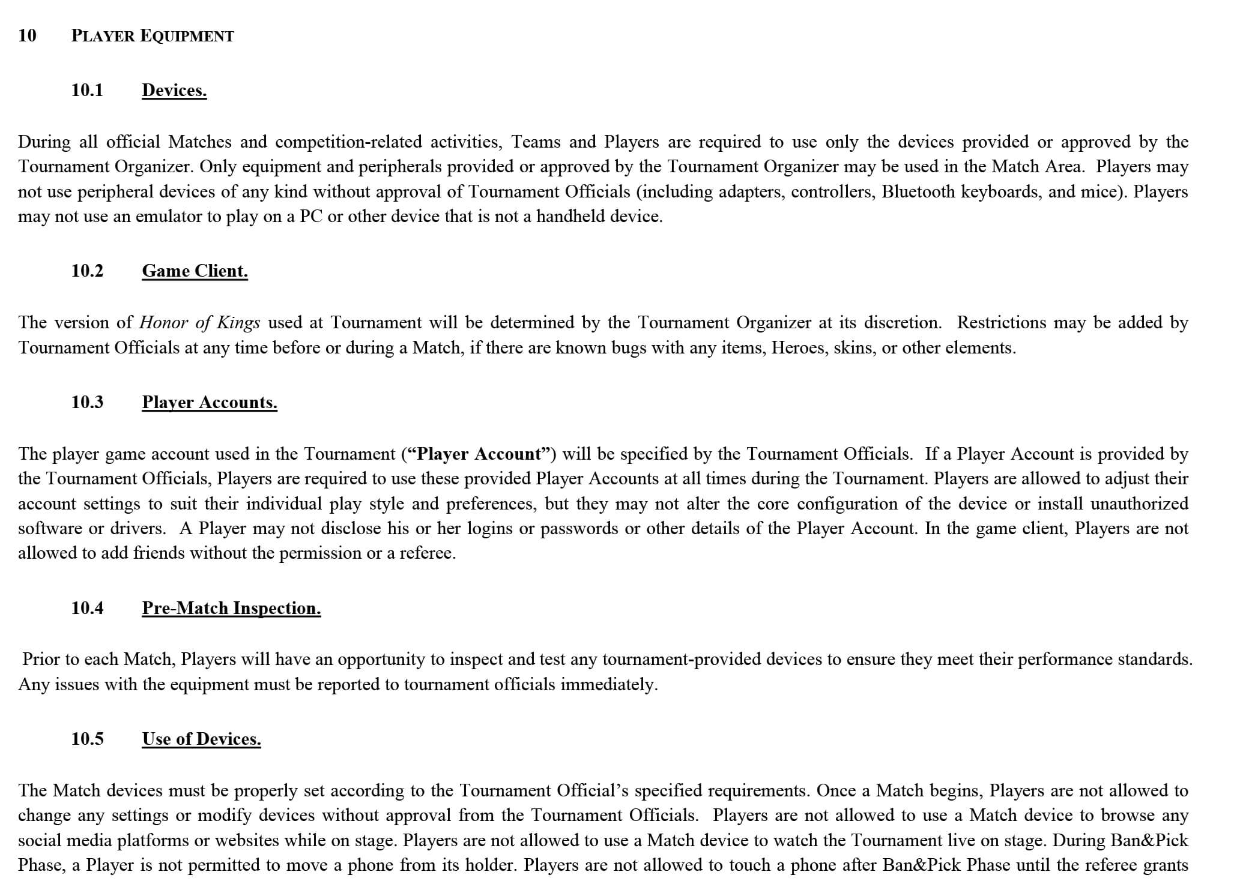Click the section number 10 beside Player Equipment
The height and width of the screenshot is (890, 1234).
click(x=27, y=36)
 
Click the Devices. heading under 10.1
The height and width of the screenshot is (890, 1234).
click(x=174, y=91)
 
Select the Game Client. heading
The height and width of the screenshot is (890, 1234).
click(x=195, y=271)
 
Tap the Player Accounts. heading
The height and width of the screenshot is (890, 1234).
click(x=210, y=402)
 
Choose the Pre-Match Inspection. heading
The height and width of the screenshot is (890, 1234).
click(x=231, y=609)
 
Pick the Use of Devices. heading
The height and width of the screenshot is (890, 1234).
click(x=201, y=739)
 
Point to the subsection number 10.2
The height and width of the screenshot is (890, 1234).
click(x=87, y=271)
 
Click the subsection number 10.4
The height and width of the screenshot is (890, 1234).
click(x=87, y=609)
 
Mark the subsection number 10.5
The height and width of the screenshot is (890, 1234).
click(x=87, y=739)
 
